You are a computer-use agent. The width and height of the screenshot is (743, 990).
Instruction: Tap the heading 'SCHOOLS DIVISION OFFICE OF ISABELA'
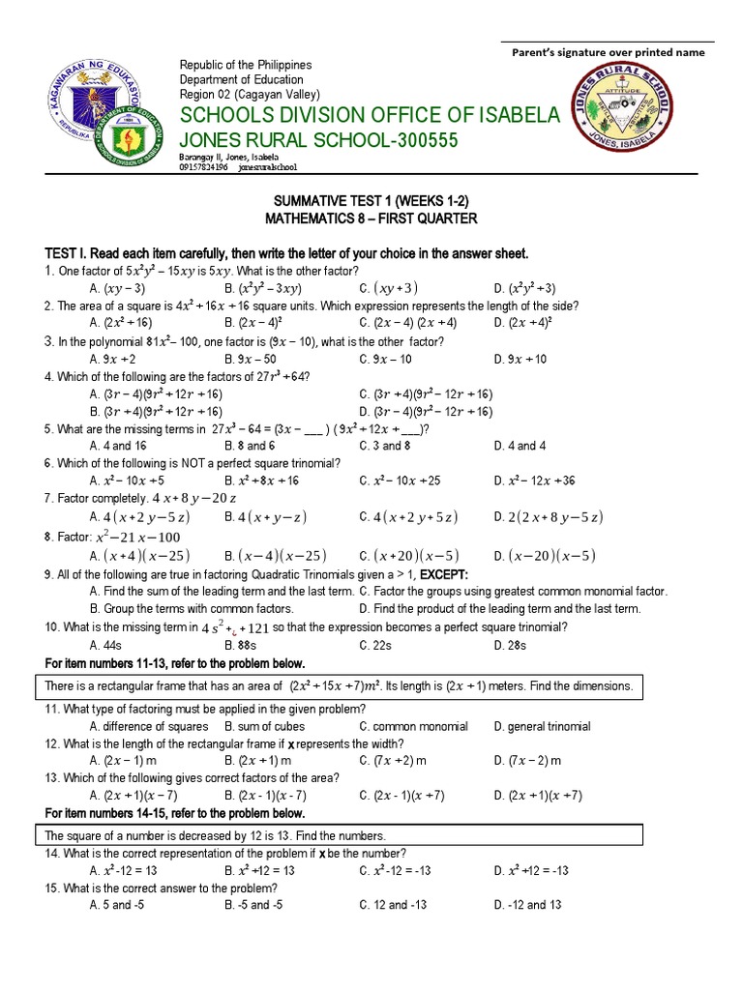[x=370, y=116]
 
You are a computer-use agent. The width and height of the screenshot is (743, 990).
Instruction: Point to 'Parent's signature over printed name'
[x=609, y=53]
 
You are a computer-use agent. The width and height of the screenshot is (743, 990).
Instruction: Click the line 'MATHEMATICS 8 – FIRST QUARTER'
[x=371, y=218]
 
